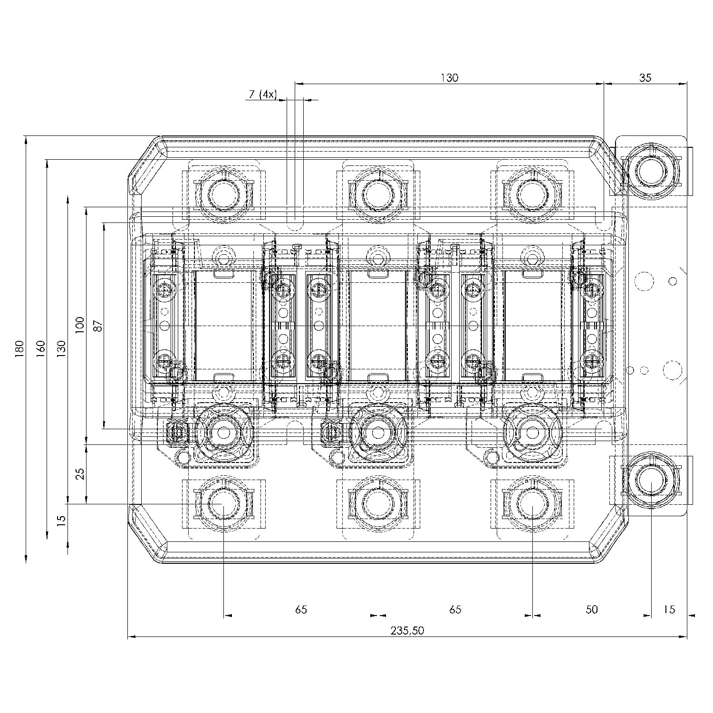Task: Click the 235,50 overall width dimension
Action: pyautogui.click(x=407, y=631)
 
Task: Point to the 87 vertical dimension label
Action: pyautogui.click(x=98, y=326)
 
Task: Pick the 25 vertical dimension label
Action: pyautogui.click(x=80, y=474)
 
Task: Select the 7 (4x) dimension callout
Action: pyautogui.click(x=261, y=94)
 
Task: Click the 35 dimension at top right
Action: pyautogui.click(x=645, y=78)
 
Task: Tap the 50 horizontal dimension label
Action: pyautogui.click(x=591, y=609)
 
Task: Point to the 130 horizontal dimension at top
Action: pyautogui.click(x=449, y=78)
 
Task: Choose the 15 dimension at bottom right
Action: pyautogui.click(x=669, y=609)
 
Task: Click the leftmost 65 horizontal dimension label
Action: pyautogui.click(x=301, y=609)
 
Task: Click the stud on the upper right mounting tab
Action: pyautogui.click(x=649, y=171)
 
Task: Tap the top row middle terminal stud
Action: pyautogui.click(x=377, y=194)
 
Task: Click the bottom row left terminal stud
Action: pyautogui.click(x=223, y=504)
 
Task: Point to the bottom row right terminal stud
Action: pyautogui.click(x=532, y=504)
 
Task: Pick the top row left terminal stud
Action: pyautogui.click(x=223, y=194)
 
